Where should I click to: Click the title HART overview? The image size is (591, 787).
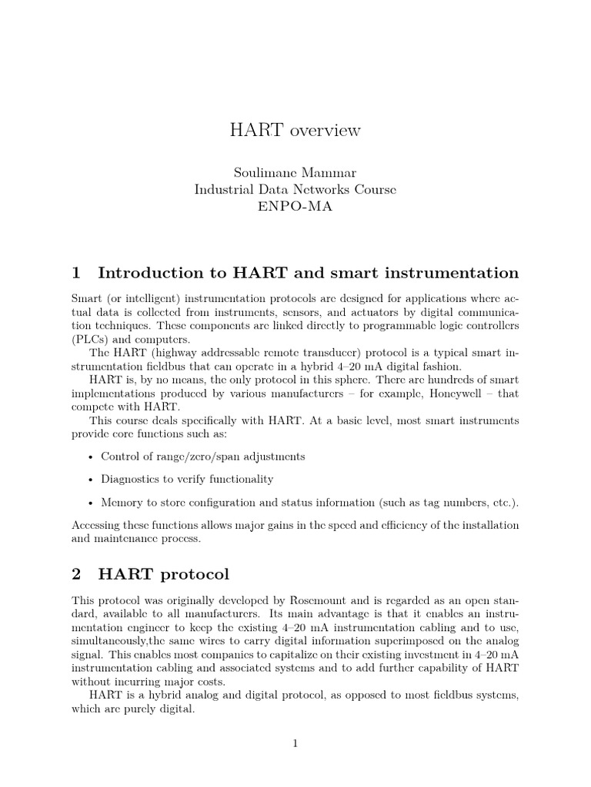[x=295, y=131]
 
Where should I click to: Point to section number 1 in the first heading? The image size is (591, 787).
[x=75, y=273]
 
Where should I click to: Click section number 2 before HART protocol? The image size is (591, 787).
[x=75, y=574]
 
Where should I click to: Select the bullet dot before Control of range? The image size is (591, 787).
[x=92, y=457]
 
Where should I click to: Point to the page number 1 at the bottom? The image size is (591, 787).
[x=295, y=742]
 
